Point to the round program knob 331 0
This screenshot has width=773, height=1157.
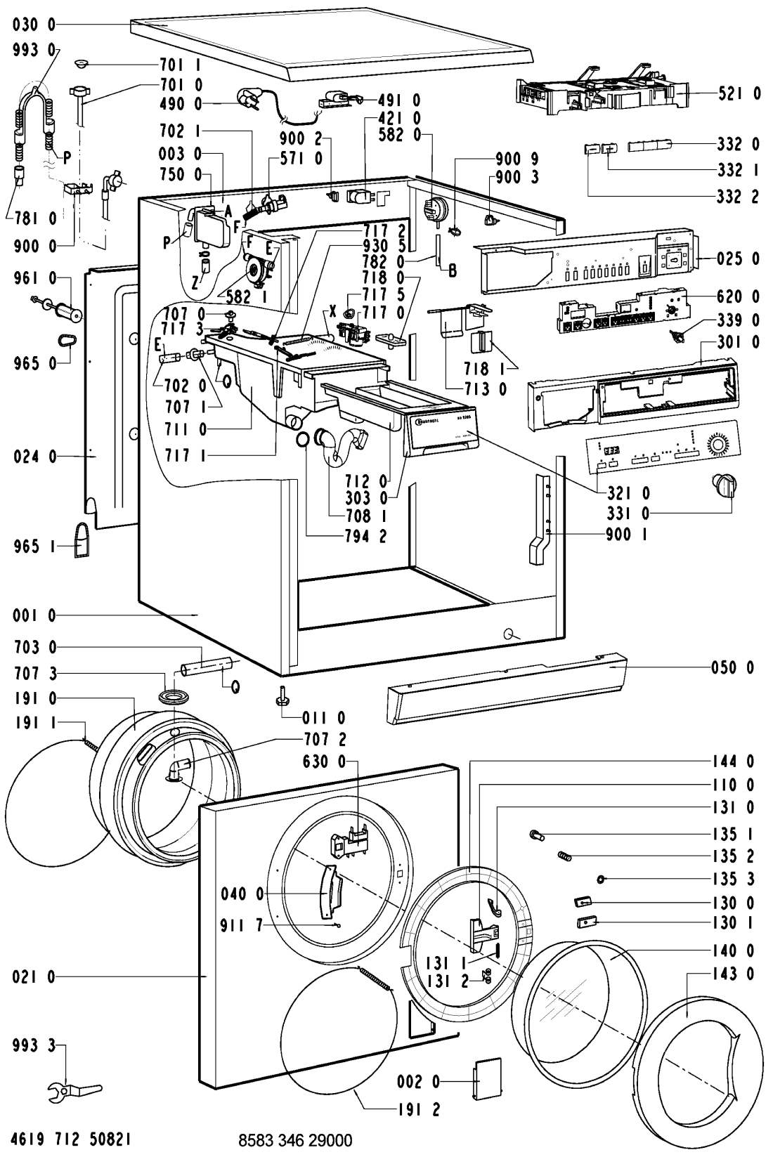click(x=722, y=484)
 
